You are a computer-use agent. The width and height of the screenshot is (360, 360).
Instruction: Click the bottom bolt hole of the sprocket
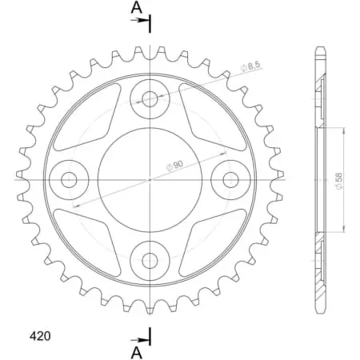pyautogui.click(x=150, y=258)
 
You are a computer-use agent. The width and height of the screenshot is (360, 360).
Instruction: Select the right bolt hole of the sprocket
pyautogui.click(x=230, y=178)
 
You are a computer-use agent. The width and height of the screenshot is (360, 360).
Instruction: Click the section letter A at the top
pyautogui.click(x=137, y=8)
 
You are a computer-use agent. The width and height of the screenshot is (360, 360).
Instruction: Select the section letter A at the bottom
pyautogui.click(x=137, y=350)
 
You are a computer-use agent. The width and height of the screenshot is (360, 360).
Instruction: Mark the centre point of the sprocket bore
pyautogui.click(x=150, y=178)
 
